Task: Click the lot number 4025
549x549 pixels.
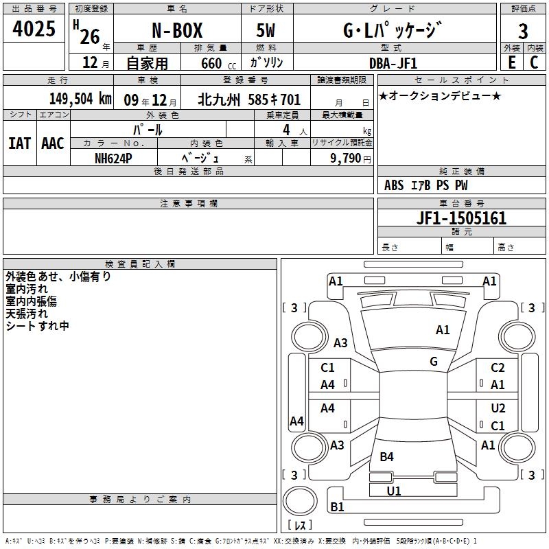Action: pyautogui.click(x=34, y=29)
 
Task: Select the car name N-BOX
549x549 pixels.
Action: pyautogui.click(x=177, y=30)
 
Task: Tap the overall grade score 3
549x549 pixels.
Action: pyautogui.click(x=523, y=31)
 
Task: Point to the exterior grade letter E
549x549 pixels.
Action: pyautogui.click(x=511, y=62)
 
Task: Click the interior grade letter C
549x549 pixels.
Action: pyautogui.click(x=534, y=62)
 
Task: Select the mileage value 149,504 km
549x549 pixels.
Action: pyautogui.click(x=80, y=99)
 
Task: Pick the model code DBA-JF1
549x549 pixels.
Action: pyautogui.click(x=393, y=63)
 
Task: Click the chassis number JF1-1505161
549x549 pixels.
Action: pyautogui.click(x=461, y=218)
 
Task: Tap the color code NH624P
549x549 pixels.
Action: pyautogui.click(x=113, y=159)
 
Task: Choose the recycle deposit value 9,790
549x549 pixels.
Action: pyautogui.click(x=346, y=159)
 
